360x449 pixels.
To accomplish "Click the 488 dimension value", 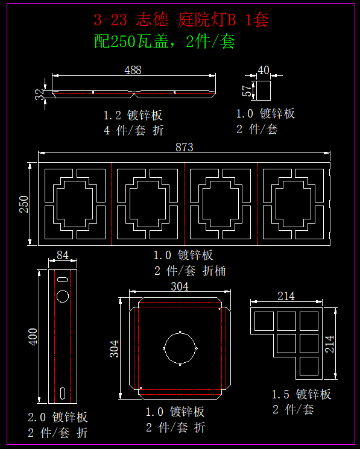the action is pyautogui.click(x=133, y=70).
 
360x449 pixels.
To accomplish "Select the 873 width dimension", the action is pyautogui.click(x=184, y=147).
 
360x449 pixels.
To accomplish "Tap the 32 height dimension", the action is pyautogui.click(x=40, y=94).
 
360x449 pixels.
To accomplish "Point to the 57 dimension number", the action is pyautogui.click(x=247, y=90).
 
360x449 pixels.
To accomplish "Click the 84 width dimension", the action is pyautogui.click(x=63, y=255).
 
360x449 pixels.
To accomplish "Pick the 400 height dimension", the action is pyautogui.click(x=33, y=336).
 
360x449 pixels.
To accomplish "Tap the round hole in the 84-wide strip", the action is pyautogui.click(x=63, y=296).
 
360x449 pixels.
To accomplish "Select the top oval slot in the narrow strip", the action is pyautogui.click(x=63, y=279).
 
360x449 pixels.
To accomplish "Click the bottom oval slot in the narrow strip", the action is pyautogui.click(x=63, y=393).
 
